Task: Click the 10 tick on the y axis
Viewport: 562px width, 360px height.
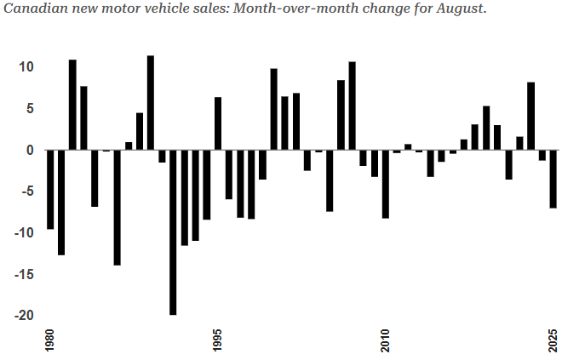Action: point(26,66)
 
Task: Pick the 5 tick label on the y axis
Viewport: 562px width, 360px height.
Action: point(29,108)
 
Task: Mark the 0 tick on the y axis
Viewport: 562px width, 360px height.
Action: point(29,150)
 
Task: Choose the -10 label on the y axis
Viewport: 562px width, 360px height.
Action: point(24,232)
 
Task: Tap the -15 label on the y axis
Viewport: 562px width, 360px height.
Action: point(24,274)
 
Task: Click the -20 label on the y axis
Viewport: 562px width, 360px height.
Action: point(24,315)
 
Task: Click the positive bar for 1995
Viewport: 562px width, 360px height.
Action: point(218,123)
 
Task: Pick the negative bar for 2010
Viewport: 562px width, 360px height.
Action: point(386,184)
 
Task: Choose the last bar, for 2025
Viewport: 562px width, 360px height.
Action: point(553,179)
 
